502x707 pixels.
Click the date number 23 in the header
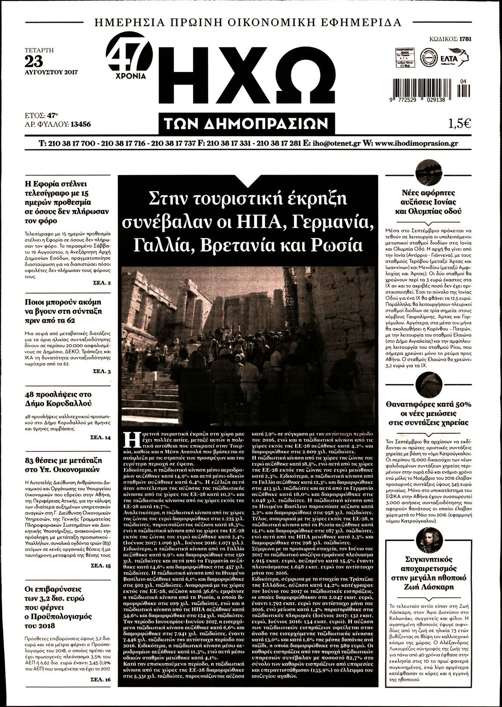coord(34,61)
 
